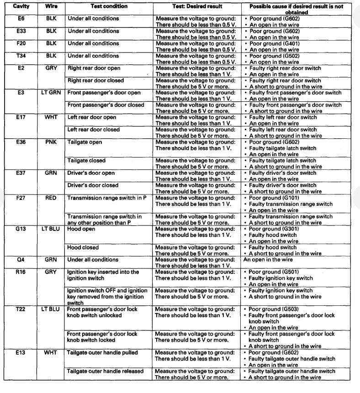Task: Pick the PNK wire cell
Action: tap(51, 142)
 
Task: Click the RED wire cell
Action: tap(51, 198)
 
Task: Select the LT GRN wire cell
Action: tap(51, 93)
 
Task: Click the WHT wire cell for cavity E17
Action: tap(51, 117)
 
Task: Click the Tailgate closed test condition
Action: tap(86, 161)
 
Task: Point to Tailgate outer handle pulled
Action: tap(102, 353)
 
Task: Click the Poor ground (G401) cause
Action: tap(273, 44)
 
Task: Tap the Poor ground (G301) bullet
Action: tap(273, 229)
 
